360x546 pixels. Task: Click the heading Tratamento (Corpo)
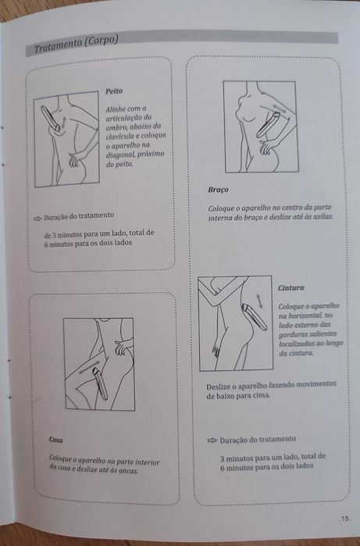[76, 45]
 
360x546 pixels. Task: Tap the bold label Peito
[114, 91]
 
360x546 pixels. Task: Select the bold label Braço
[219, 190]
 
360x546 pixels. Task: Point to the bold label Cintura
[291, 288]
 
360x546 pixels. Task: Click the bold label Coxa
[55, 440]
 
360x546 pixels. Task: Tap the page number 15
[344, 519]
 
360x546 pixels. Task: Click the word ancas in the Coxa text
[128, 471]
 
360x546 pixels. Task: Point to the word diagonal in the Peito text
[119, 155]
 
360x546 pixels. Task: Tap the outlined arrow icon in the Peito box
[37, 219]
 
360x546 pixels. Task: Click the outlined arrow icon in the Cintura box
[212, 441]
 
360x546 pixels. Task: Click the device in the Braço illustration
[267, 125]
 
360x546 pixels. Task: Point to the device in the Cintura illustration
[255, 317]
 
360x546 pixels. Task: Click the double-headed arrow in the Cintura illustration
[260, 301]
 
